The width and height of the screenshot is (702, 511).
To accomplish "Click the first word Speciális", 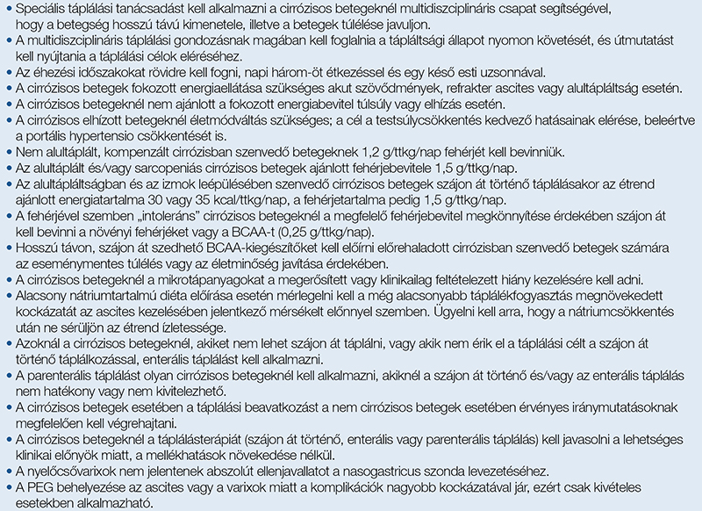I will (40, 9).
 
